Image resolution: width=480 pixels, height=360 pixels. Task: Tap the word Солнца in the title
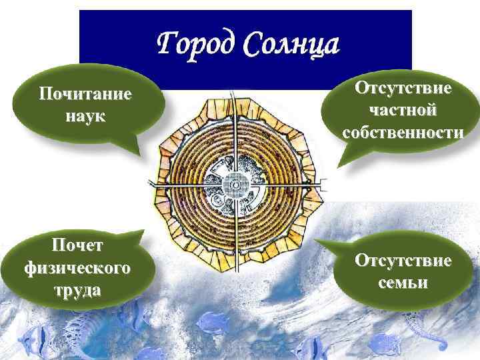291,45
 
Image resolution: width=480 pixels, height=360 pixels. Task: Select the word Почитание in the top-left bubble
85,95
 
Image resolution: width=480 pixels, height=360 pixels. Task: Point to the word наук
85,116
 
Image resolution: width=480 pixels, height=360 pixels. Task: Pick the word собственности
403,131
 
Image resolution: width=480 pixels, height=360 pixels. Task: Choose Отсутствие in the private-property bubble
403,87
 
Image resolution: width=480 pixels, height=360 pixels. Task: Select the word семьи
403,282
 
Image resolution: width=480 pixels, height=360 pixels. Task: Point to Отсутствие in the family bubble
403,260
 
